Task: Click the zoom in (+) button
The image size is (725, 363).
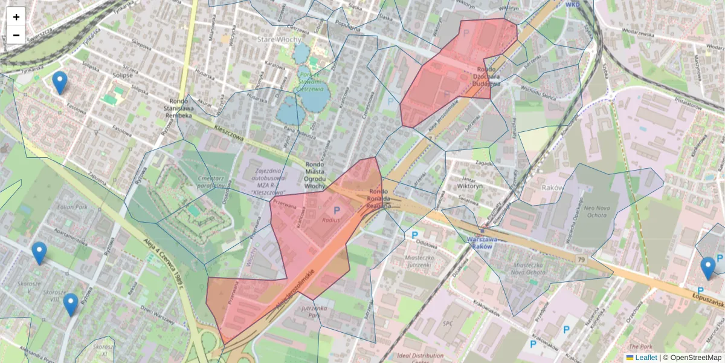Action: coord(16,17)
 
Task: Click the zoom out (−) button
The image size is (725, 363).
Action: coord(16,35)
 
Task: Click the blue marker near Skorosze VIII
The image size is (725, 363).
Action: coord(71,304)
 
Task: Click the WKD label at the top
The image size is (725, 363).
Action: coord(572,4)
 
